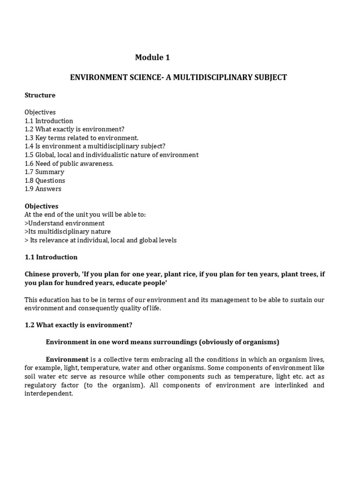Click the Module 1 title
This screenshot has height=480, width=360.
[x=152, y=58]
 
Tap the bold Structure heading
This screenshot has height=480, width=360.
[x=40, y=95]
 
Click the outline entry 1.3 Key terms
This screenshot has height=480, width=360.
[x=82, y=138]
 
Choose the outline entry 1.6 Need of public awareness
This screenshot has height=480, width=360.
[x=69, y=164]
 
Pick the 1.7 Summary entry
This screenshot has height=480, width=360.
[x=45, y=172]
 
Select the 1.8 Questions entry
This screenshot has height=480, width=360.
[x=45, y=180]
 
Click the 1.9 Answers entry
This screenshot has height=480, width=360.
[x=43, y=189]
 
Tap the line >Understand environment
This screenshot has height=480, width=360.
[x=65, y=223]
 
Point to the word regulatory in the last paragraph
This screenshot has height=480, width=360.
[x=43, y=385]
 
